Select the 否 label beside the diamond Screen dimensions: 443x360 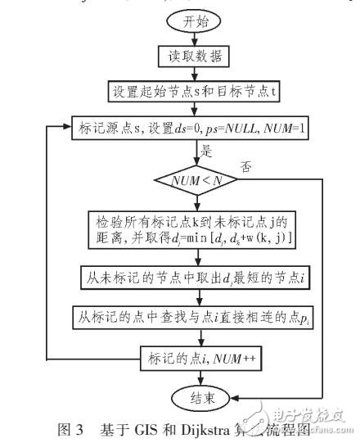point(243,166)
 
